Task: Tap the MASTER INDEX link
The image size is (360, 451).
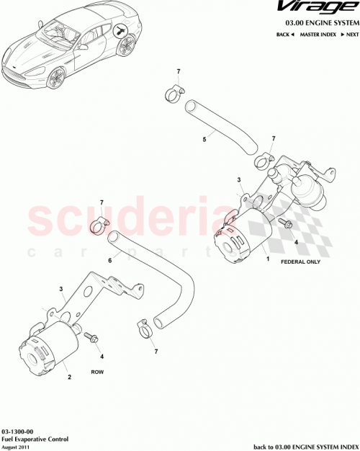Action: point(320,34)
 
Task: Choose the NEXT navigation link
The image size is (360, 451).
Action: point(351,34)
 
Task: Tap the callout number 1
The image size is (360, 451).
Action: point(268,257)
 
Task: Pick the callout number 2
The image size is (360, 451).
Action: point(69,376)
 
